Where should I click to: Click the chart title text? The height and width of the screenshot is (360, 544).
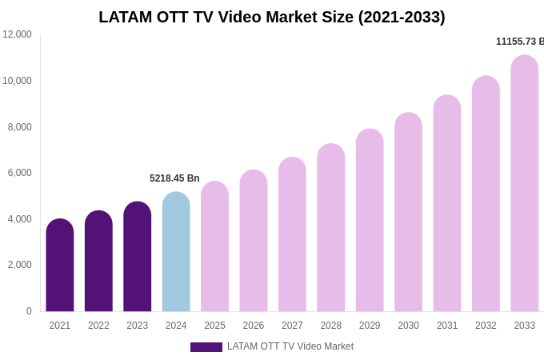pyautogui.click(x=272, y=17)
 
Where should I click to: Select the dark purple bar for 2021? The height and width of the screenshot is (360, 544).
pyautogui.click(x=60, y=266)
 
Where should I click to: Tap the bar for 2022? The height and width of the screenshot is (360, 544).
pyautogui.click(x=98, y=262)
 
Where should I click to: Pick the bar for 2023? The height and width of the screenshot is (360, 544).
pyautogui.click(x=138, y=257)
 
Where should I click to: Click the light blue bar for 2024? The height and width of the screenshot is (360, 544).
pyautogui.click(x=176, y=252)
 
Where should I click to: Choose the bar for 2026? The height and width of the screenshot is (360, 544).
pyautogui.click(x=254, y=241)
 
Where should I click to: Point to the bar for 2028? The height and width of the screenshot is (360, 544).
pyautogui.click(x=331, y=228)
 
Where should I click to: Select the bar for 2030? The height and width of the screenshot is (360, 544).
pyautogui.click(x=408, y=212)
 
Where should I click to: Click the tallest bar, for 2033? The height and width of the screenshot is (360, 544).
pyautogui.click(x=525, y=184)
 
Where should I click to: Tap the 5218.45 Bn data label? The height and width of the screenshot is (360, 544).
pyautogui.click(x=174, y=178)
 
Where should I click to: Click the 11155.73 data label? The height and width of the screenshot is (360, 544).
pyautogui.click(x=519, y=42)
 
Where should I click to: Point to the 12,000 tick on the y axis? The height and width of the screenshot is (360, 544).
pyautogui.click(x=17, y=34)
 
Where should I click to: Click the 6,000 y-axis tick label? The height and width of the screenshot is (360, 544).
pyautogui.click(x=19, y=173)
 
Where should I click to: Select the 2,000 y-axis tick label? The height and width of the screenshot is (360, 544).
pyautogui.click(x=19, y=265)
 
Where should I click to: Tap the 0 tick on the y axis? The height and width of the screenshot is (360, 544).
pyautogui.click(x=29, y=311)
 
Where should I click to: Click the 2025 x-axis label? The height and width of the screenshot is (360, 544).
pyautogui.click(x=214, y=326)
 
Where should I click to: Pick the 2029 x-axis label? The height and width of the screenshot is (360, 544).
pyautogui.click(x=370, y=326)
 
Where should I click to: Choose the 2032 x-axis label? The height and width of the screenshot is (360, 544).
pyautogui.click(x=486, y=326)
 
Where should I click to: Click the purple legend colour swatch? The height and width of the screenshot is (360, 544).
pyautogui.click(x=206, y=347)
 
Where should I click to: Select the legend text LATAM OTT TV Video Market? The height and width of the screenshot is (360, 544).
pyautogui.click(x=290, y=346)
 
